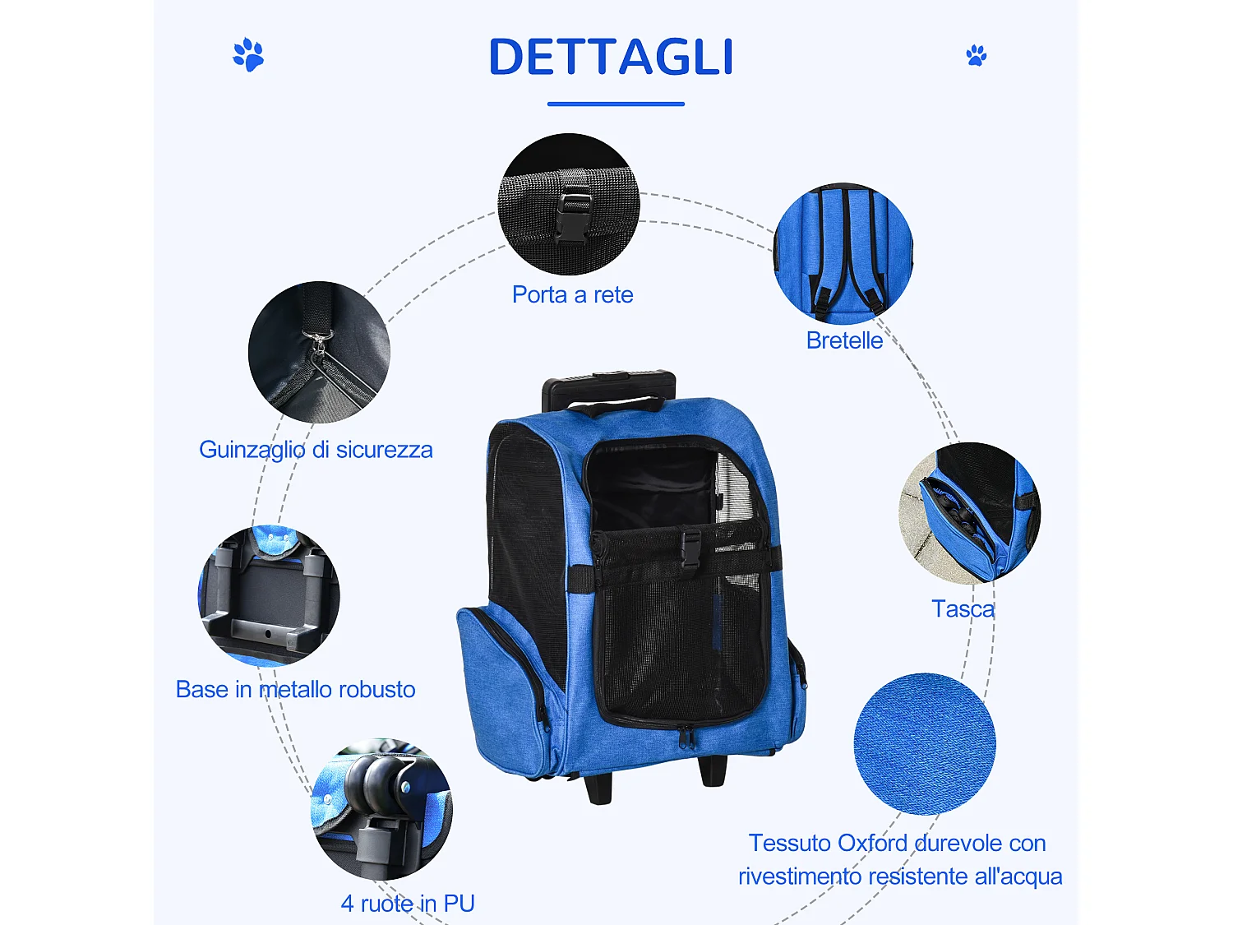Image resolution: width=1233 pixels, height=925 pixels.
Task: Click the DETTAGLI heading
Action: tap(611, 57)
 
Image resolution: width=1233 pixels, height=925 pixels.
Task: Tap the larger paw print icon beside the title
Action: tap(248, 55)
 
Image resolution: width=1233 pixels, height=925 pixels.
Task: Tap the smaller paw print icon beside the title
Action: tap(977, 56)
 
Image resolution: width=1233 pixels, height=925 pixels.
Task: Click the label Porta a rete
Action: tap(572, 294)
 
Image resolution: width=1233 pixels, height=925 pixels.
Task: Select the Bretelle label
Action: tap(844, 340)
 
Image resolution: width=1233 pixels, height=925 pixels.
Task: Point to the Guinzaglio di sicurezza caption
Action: tap(316, 450)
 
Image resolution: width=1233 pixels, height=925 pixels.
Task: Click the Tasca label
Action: tap(963, 609)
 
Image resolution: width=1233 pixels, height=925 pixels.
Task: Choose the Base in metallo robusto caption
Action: tap(295, 689)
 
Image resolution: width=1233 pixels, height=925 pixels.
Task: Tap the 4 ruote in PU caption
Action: tap(408, 904)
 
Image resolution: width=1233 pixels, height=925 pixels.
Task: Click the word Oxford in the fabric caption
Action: tap(872, 844)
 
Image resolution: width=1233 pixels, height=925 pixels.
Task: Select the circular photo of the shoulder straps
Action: tap(843, 253)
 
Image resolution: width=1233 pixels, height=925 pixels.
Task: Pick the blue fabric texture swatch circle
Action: tap(925, 744)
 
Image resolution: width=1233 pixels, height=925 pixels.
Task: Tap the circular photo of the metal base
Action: tap(269, 595)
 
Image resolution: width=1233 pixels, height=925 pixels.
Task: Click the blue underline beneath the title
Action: tap(616, 104)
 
